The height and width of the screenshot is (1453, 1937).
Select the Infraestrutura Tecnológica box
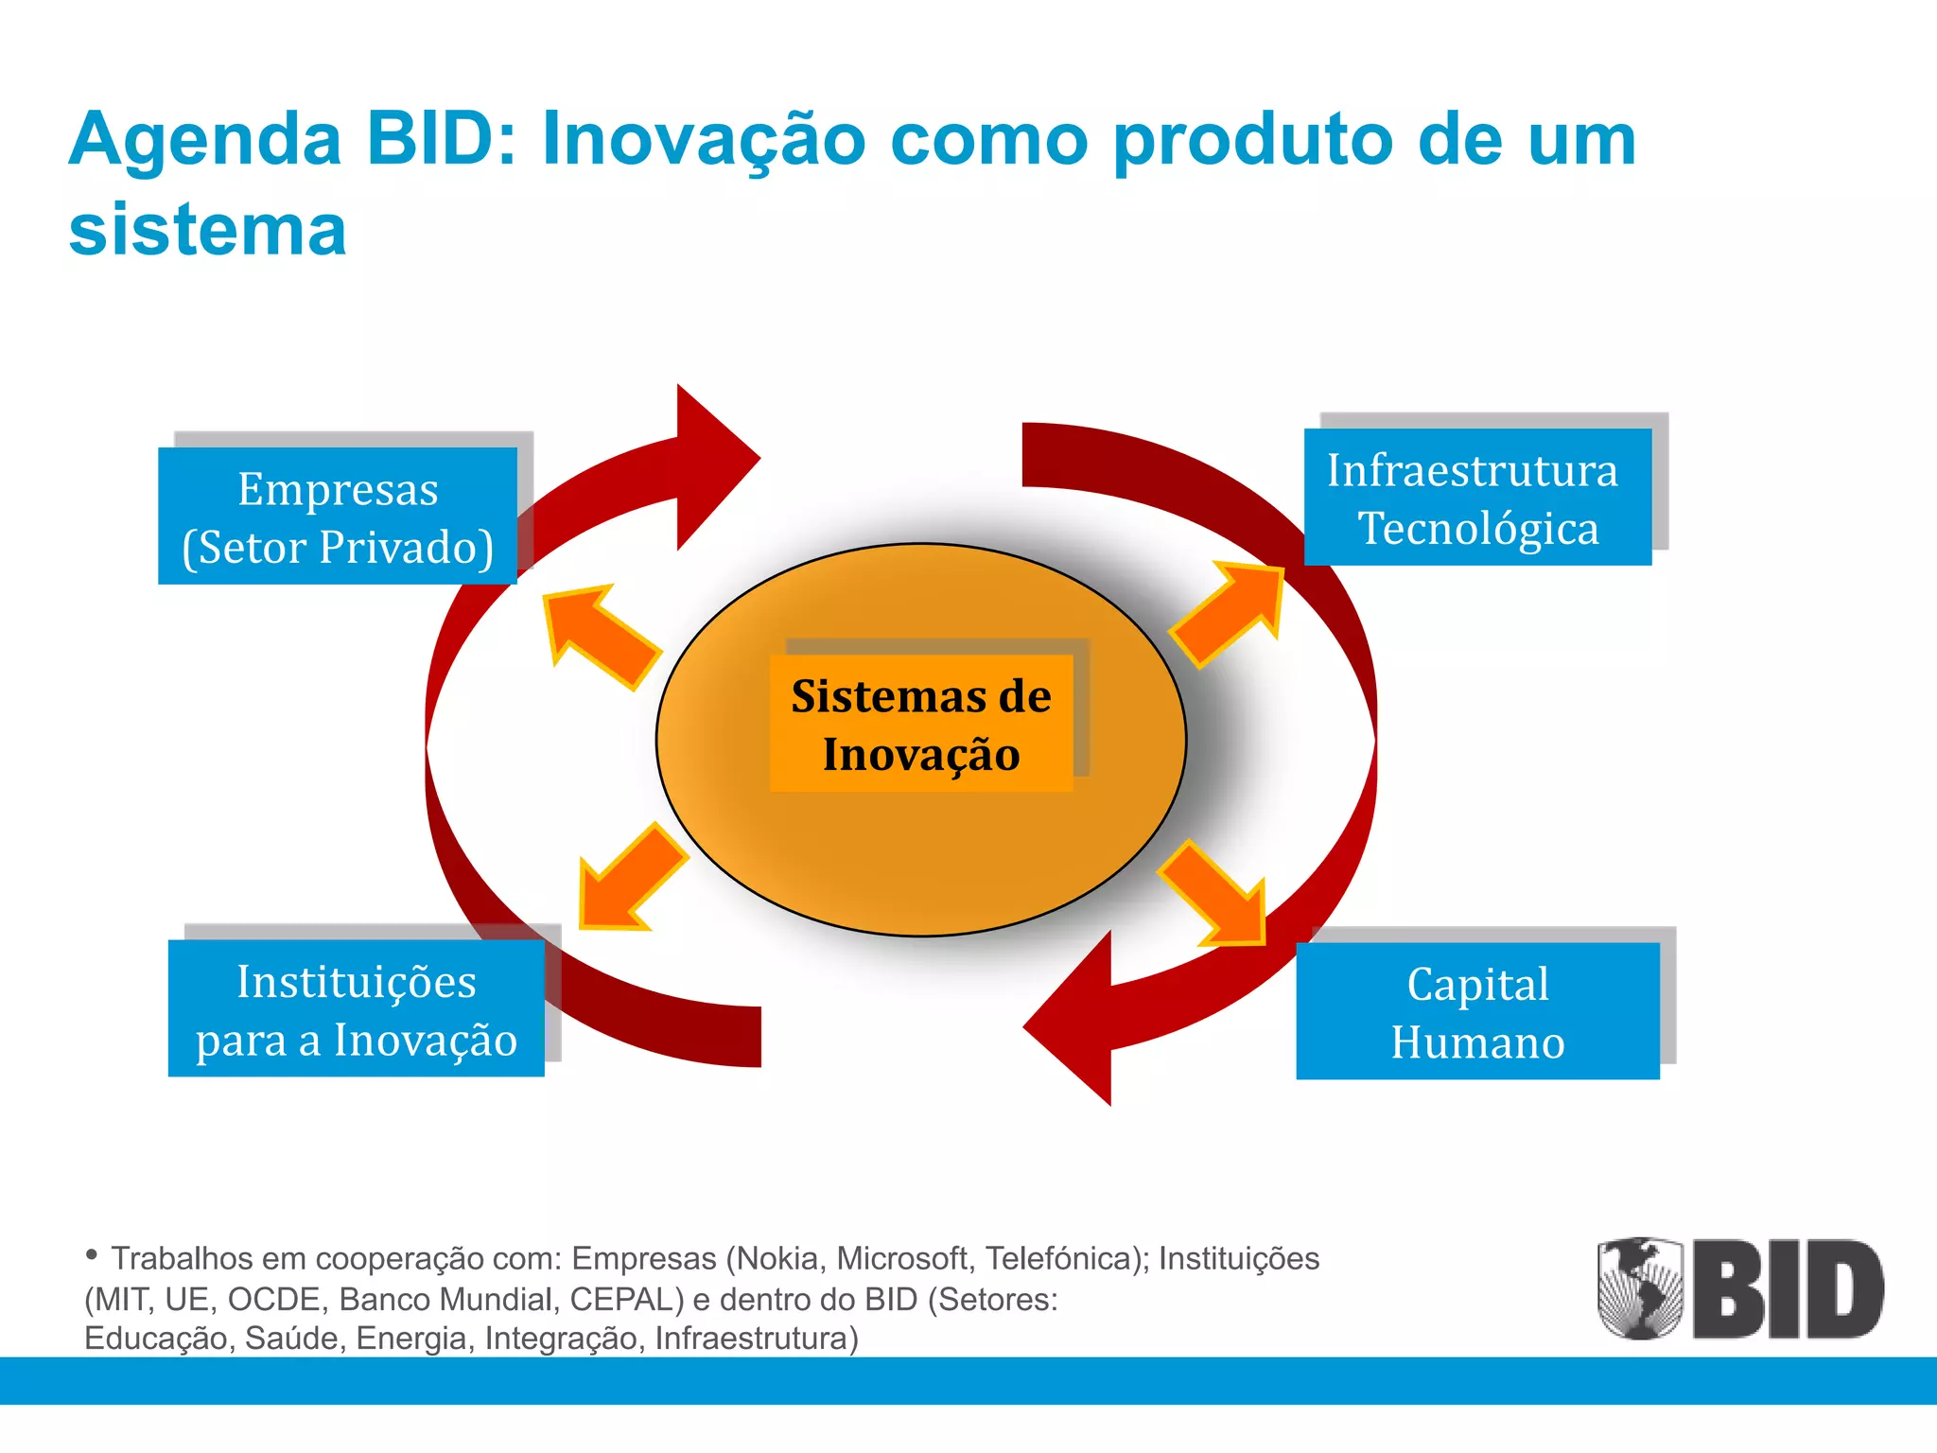point(1477,498)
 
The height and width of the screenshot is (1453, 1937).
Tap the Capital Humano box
point(1477,1010)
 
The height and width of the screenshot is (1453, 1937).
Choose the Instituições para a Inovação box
point(357,1008)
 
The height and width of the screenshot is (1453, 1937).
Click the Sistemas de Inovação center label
point(921,724)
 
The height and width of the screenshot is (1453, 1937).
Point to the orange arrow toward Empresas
point(598,634)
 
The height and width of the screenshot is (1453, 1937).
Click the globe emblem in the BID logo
point(1640,1287)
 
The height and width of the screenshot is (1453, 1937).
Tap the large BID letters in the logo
point(1788,1289)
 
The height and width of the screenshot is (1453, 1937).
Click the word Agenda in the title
point(204,140)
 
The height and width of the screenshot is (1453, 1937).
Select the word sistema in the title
point(208,230)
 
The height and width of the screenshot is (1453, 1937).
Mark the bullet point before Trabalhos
point(92,1255)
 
